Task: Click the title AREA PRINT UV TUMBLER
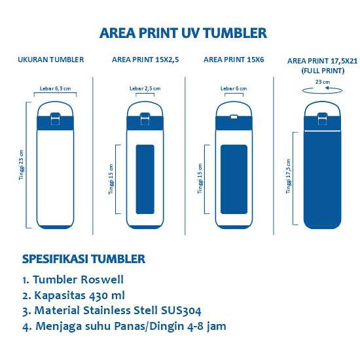pos(183,33)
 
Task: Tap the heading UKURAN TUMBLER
pos(51,60)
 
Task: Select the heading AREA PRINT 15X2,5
pos(145,60)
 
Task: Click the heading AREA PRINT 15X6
pos(234,60)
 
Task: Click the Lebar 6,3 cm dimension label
pos(54,88)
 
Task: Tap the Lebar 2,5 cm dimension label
pos(145,88)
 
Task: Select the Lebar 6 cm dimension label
pos(234,88)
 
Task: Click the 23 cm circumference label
pos(322,82)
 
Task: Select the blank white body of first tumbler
pos(55,177)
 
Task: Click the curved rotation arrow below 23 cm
pos(322,92)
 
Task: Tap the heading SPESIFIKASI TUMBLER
pos(84,259)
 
